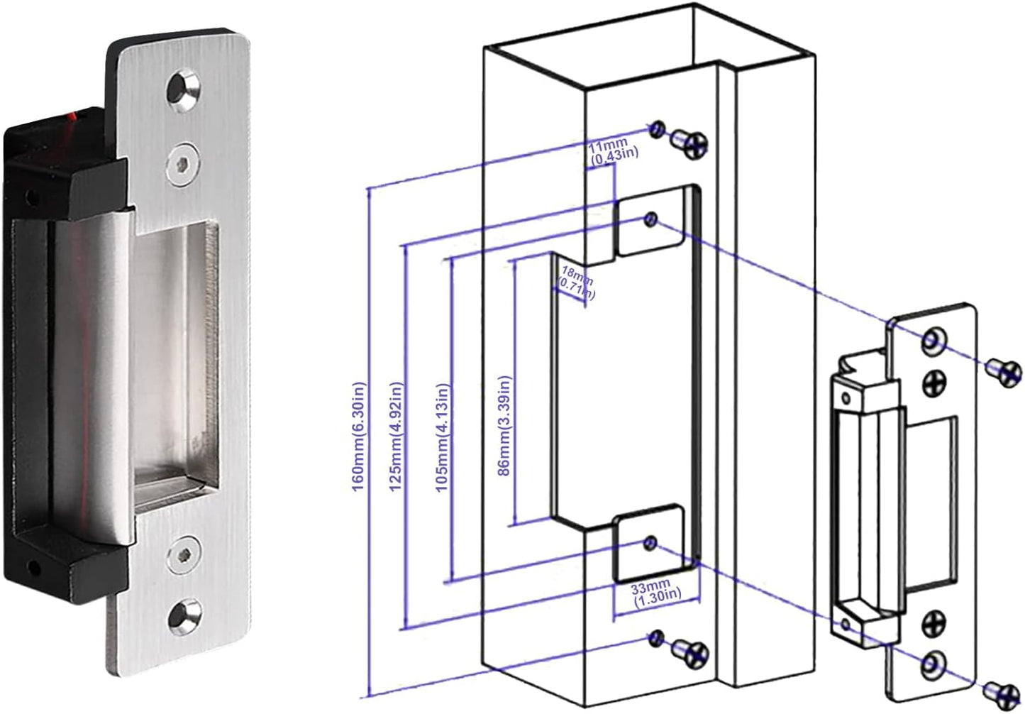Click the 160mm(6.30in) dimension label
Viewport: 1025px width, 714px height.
(x=359, y=436)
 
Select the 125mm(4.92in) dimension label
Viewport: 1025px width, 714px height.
(x=397, y=436)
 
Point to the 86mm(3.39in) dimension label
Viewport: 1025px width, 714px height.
(x=504, y=425)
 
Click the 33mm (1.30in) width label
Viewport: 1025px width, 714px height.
(x=657, y=592)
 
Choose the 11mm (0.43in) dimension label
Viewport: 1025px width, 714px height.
(x=613, y=149)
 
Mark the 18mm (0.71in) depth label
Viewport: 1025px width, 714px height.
(x=577, y=280)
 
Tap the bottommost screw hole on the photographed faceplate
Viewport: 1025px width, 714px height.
(x=184, y=616)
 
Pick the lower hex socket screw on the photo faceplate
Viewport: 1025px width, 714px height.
(x=184, y=554)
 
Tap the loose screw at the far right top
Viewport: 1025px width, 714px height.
(x=1005, y=372)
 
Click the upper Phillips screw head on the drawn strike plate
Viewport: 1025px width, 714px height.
(x=935, y=384)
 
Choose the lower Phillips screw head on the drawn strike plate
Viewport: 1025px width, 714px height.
(x=934, y=622)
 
